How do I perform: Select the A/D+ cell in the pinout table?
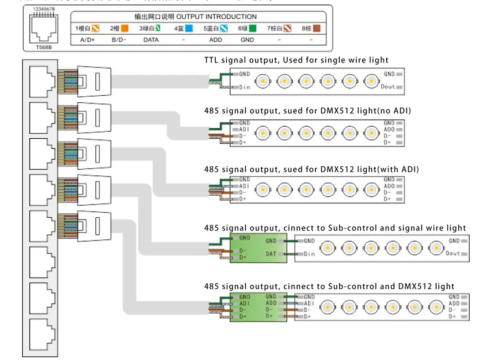pos(87,40)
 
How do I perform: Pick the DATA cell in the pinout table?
pos(151,40)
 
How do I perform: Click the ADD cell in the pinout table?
pos(215,40)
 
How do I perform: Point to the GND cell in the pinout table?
pos(247,40)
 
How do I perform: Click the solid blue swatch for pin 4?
pos(189,28)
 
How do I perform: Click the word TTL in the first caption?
pos(212,60)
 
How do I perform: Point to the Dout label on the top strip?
pos(388,87)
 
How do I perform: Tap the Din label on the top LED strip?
pos(245,87)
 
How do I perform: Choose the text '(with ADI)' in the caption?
pos(397,169)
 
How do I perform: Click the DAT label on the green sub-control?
pos(271,254)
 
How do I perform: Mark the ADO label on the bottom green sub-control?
pos(271,303)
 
